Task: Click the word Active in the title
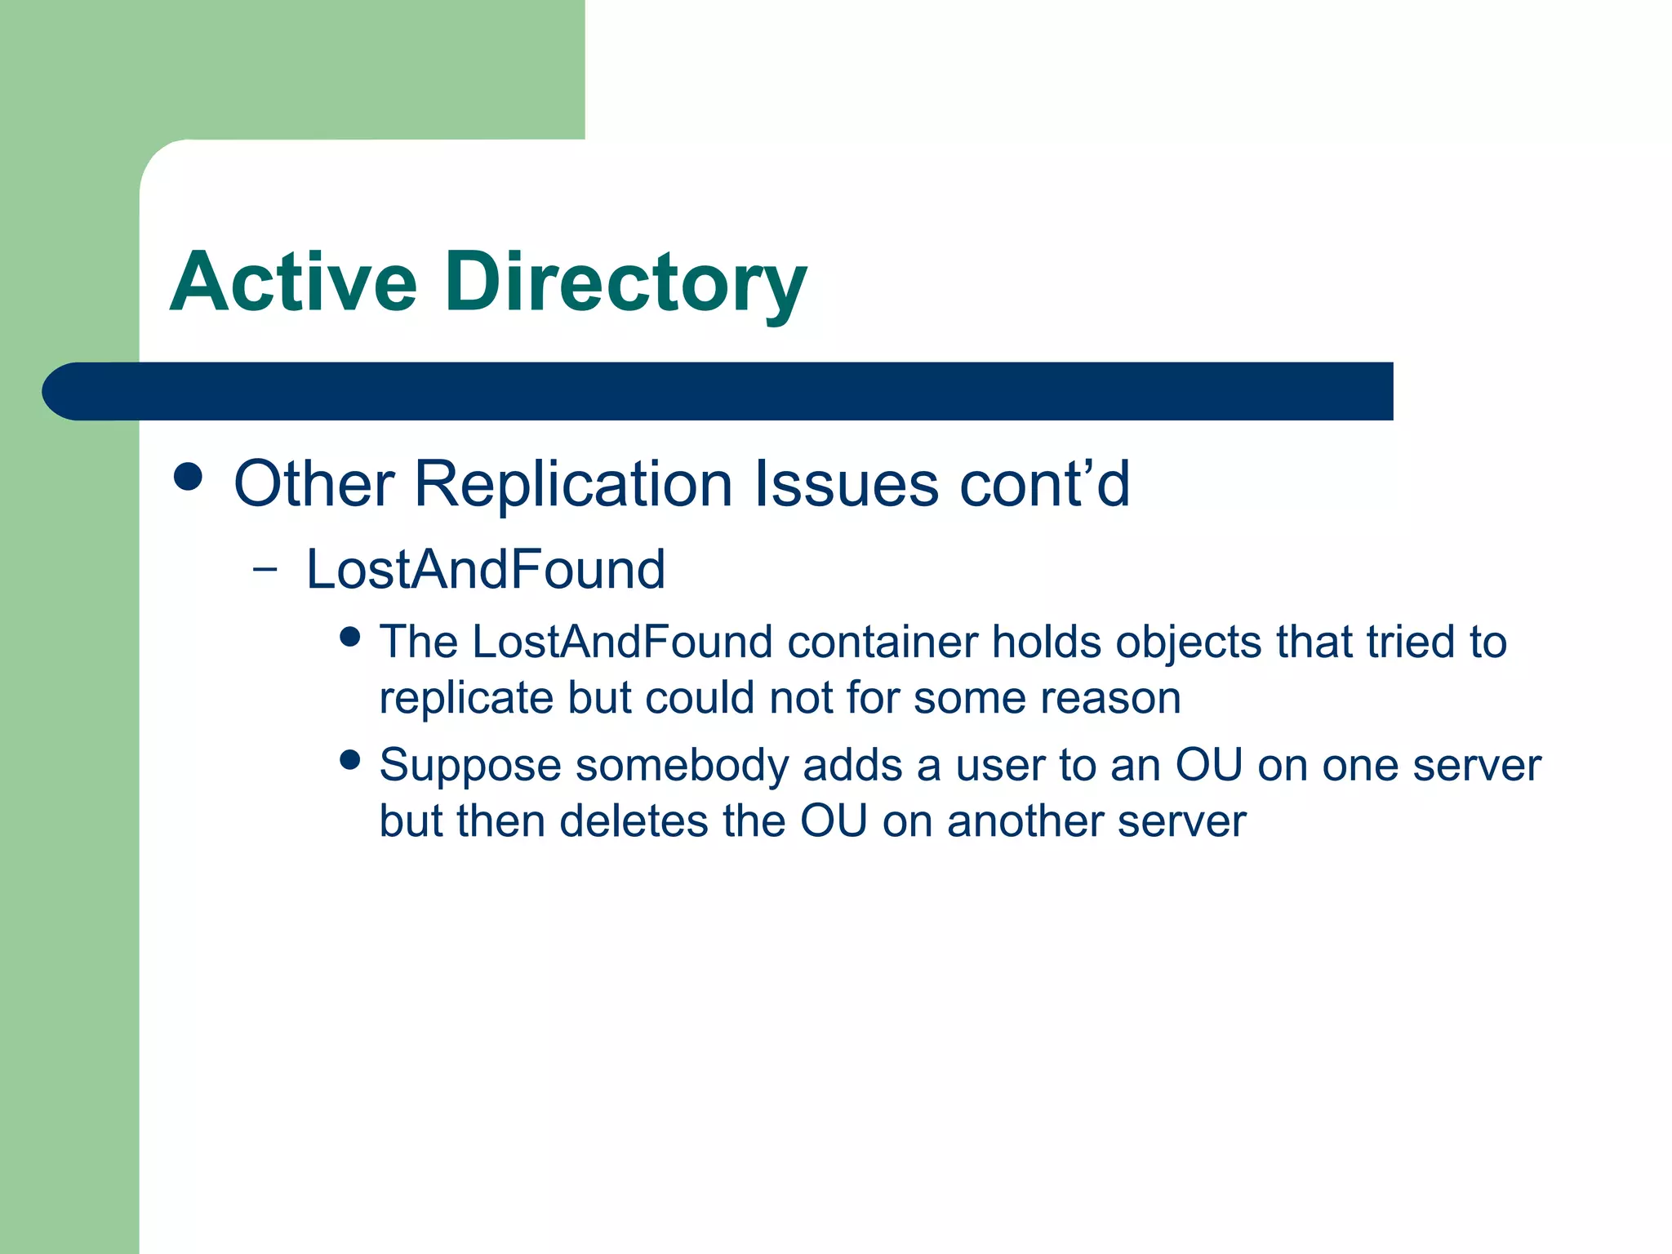coord(294,282)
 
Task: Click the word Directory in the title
coord(625,282)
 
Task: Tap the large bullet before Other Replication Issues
coord(189,477)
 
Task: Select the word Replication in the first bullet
coord(573,484)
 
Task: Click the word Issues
coord(847,484)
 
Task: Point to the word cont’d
coord(1044,484)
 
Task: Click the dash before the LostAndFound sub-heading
coord(265,569)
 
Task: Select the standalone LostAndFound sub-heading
coord(486,569)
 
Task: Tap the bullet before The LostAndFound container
coord(350,637)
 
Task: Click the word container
coord(883,643)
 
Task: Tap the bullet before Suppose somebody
coord(350,760)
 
